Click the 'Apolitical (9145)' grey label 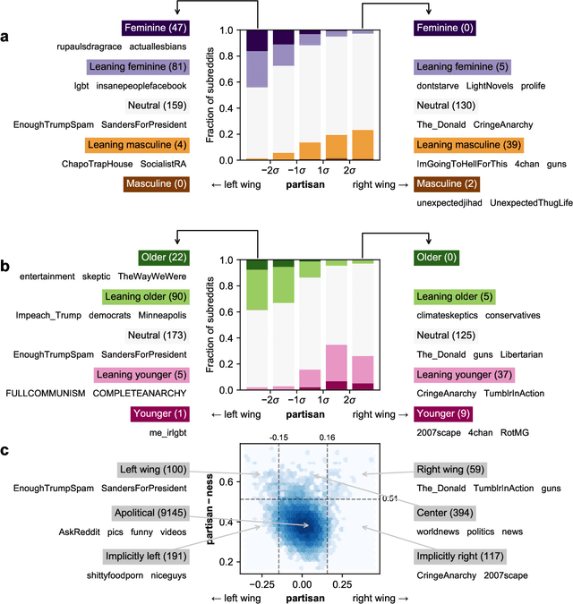[152, 514]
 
